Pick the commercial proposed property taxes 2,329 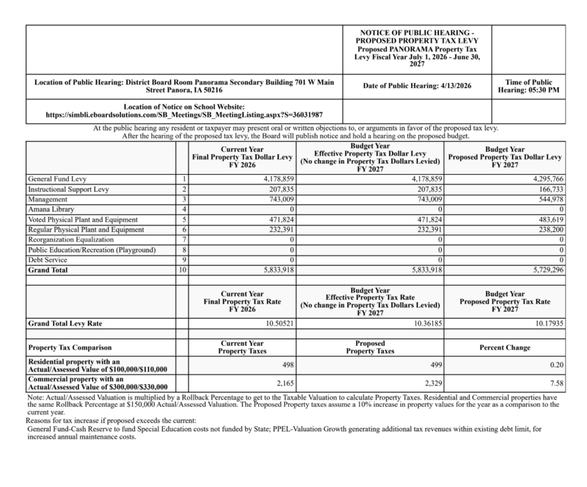point(431,383)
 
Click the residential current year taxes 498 point(286,363)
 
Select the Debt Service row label point(46,260)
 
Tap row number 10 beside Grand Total point(182,270)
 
